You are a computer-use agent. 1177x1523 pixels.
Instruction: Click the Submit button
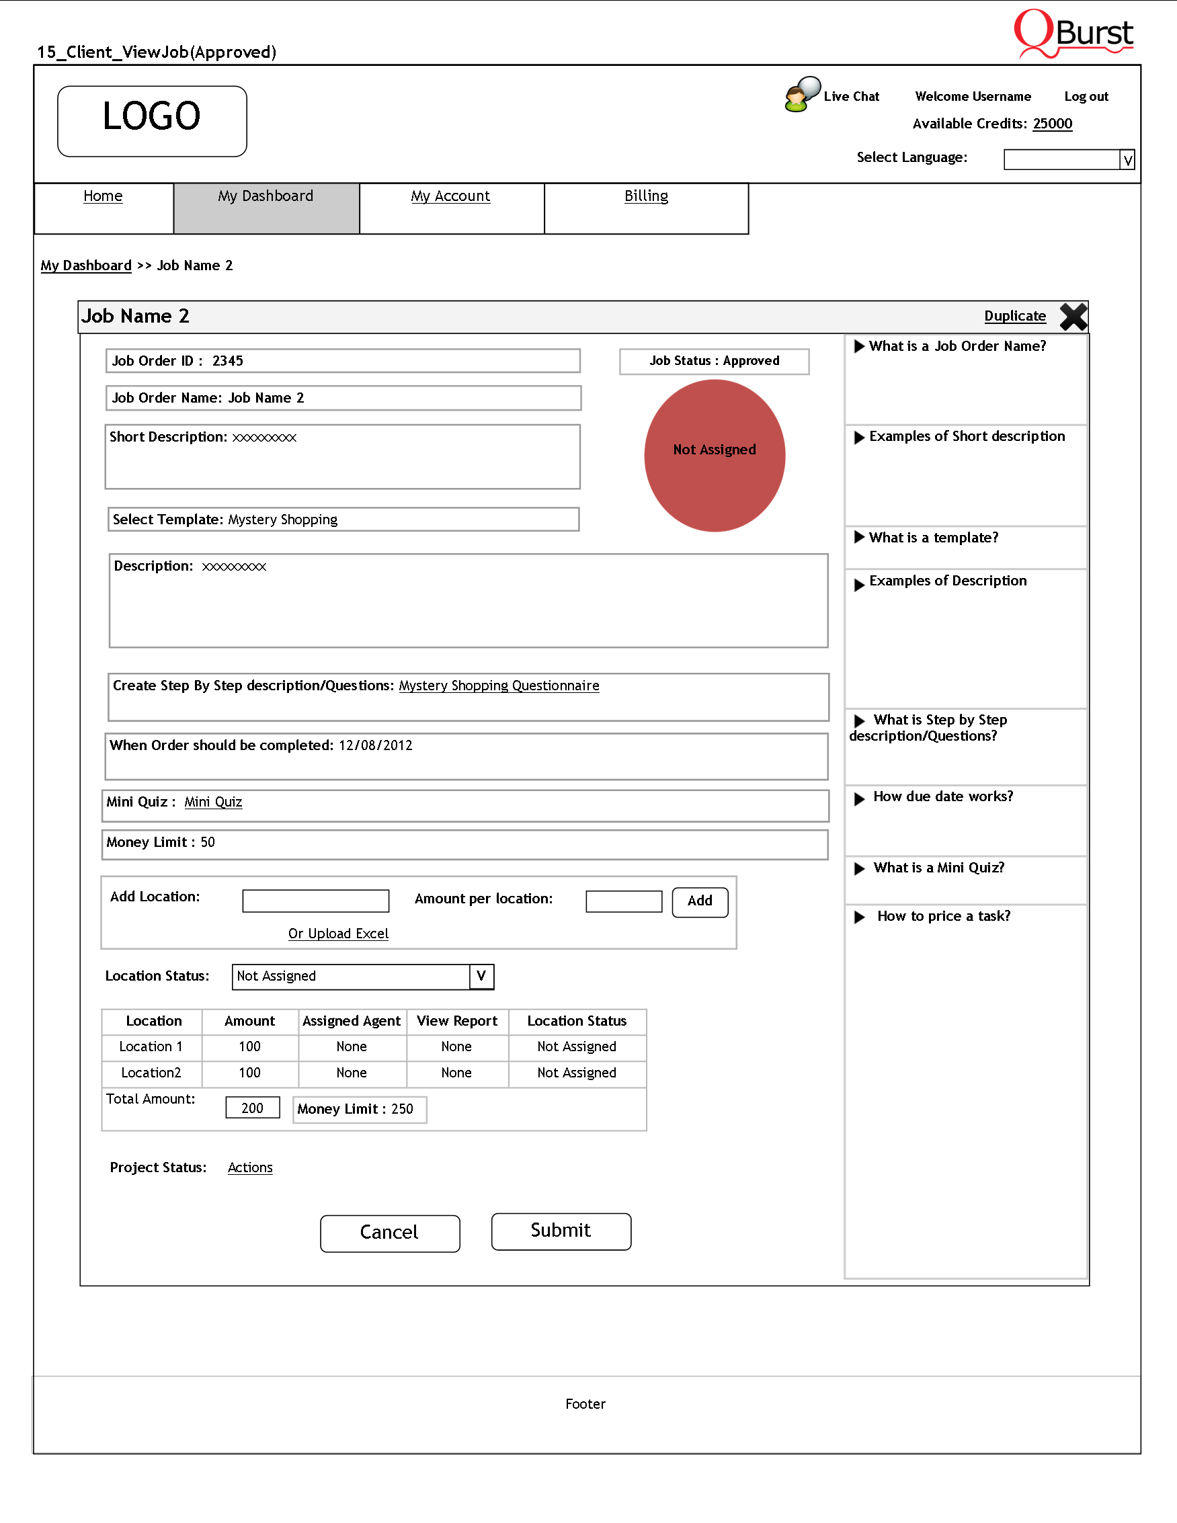coord(561,1231)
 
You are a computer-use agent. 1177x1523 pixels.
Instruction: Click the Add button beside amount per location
coord(699,901)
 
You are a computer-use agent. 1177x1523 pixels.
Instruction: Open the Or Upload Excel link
coord(338,933)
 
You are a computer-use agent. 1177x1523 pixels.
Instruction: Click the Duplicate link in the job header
coord(1014,316)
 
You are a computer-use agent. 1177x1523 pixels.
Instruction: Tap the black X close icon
coord(1073,317)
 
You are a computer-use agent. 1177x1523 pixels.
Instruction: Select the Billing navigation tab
coord(646,196)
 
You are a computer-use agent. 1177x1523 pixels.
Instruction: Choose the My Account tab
coord(450,196)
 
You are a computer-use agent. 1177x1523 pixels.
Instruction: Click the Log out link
coord(1086,96)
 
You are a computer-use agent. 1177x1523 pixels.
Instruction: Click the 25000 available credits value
coord(1052,124)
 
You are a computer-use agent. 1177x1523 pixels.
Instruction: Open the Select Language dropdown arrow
coord(1127,160)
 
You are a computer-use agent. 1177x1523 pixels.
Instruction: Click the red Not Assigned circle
coord(715,456)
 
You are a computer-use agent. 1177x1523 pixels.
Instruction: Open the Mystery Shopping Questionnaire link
coord(499,686)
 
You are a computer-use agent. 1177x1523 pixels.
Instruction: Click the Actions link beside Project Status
coord(249,1167)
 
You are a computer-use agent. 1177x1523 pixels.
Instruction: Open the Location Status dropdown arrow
coord(481,977)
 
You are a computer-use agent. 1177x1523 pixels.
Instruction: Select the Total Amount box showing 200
coord(253,1108)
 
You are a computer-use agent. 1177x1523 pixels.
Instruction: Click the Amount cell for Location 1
coord(249,1046)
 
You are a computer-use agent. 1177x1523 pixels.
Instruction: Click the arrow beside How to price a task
coord(860,917)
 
